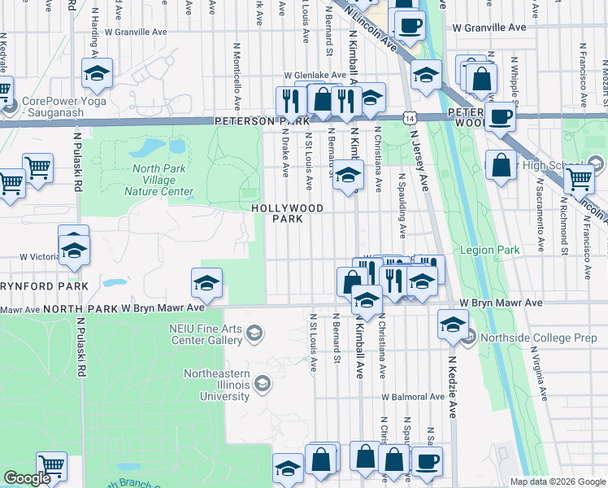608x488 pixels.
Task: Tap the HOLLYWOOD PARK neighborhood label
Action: tap(287, 214)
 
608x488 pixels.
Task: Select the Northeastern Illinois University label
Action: tap(227, 385)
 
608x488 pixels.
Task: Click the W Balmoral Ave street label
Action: tap(415, 398)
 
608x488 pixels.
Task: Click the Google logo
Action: tap(27, 478)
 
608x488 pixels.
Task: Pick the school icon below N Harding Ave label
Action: tap(97, 74)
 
